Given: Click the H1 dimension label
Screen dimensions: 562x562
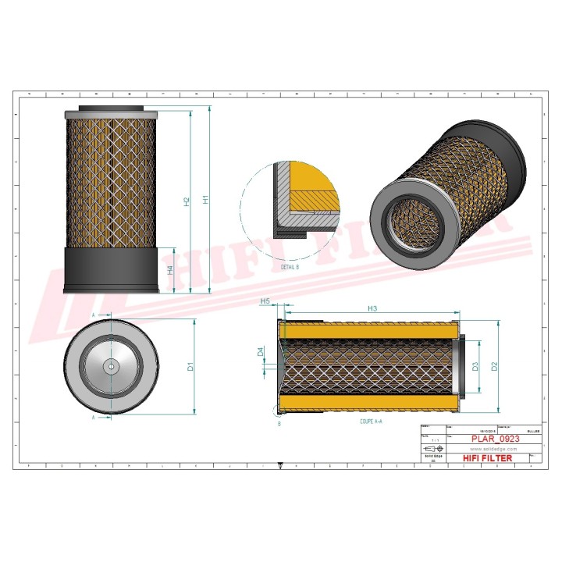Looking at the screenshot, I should tap(206, 200).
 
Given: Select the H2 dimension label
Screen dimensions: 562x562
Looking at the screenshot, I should tap(187, 201).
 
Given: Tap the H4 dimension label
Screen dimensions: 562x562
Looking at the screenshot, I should tap(170, 269).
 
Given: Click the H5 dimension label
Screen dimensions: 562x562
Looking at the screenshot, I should tap(265, 301).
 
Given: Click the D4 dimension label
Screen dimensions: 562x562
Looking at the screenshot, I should tap(261, 352).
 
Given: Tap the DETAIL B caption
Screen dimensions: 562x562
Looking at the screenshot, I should tap(290, 267).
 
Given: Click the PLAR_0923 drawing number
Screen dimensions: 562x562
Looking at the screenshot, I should tap(495, 439).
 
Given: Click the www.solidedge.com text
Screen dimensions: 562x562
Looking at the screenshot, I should tap(492, 449).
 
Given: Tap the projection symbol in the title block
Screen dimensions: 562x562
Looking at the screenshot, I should tap(430, 450).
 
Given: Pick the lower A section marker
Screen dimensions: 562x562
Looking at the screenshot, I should tap(94, 418).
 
